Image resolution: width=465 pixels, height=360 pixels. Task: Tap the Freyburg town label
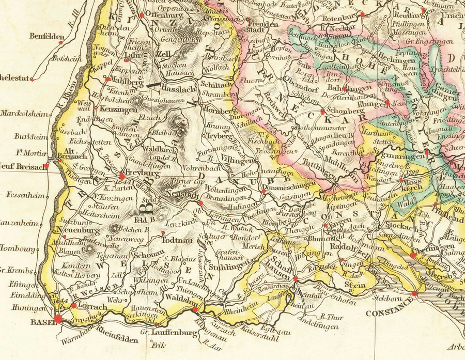140,174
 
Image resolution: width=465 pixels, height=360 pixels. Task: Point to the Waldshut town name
179,299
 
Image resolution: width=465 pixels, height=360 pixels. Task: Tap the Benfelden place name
47,36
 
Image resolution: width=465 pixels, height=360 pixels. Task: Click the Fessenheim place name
24,196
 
